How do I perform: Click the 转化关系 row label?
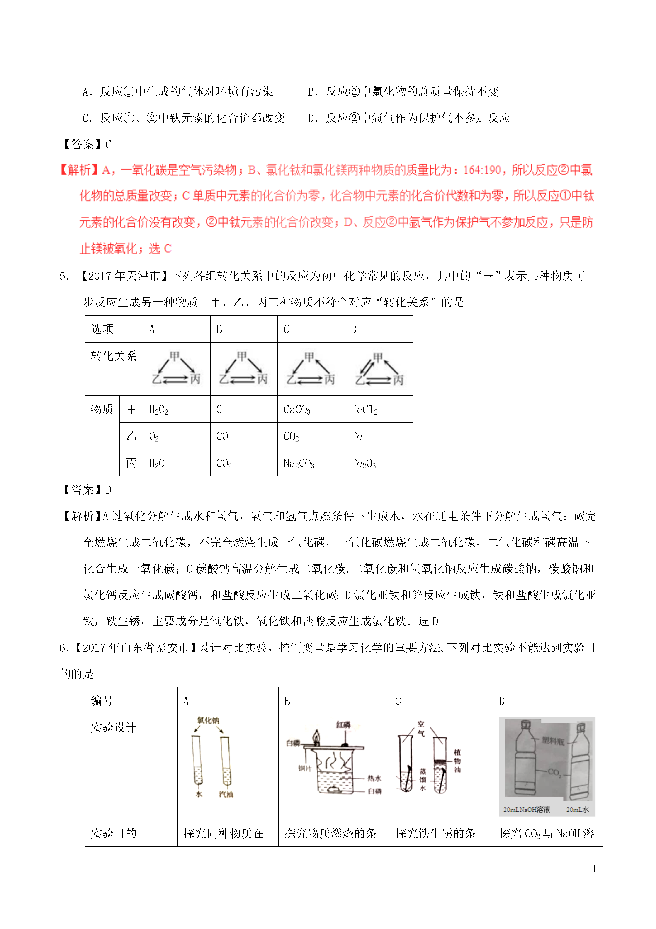click(114, 356)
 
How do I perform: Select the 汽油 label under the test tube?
click(226, 794)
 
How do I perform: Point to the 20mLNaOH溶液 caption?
click(526, 809)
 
